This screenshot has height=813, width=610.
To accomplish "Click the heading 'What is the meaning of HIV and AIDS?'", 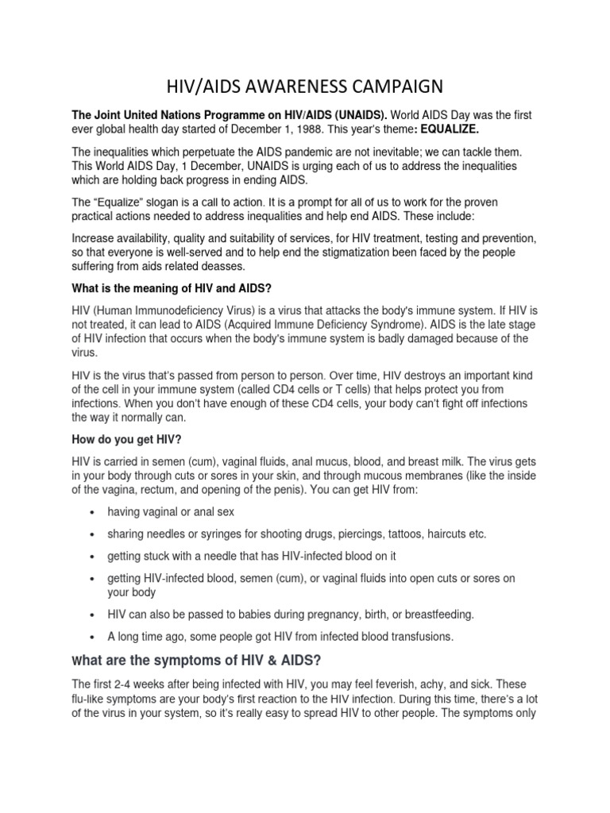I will (176, 289).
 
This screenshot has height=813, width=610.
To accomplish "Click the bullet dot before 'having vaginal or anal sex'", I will (95, 513).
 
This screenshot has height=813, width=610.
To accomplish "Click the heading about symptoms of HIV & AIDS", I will (197, 661).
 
